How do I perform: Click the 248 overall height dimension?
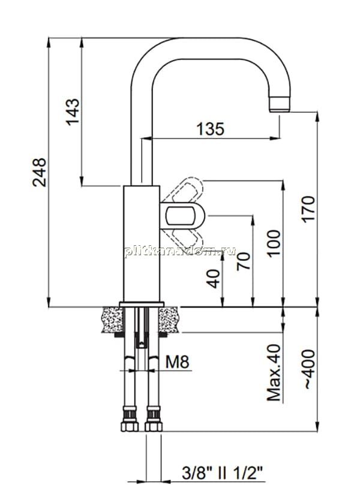pyautogui.click(x=39, y=172)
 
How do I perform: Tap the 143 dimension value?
pyautogui.click(x=73, y=112)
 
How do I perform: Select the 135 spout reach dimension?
pyautogui.click(x=211, y=129)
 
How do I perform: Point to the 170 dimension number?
pyautogui.click(x=308, y=209)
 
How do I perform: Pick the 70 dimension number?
pyautogui.click(x=243, y=261)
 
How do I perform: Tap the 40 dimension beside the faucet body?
pyautogui.click(x=213, y=279)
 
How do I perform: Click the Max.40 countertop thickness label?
pyautogui.click(x=274, y=373)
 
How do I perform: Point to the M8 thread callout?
pyautogui.click(x=178, y=362)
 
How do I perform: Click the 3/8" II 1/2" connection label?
pyautogui.click(x=222, y=473)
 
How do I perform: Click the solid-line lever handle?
pyautogui.click(x=182, y=216)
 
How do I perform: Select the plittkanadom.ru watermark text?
pyautogui.click(x=180, y=251)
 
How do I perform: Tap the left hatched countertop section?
pyautogui.click(x=113, y=320)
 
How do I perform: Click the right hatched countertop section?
pyautogui.click(x=168, y=320)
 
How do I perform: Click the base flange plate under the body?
pyautogui.click(x=142, y=305)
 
